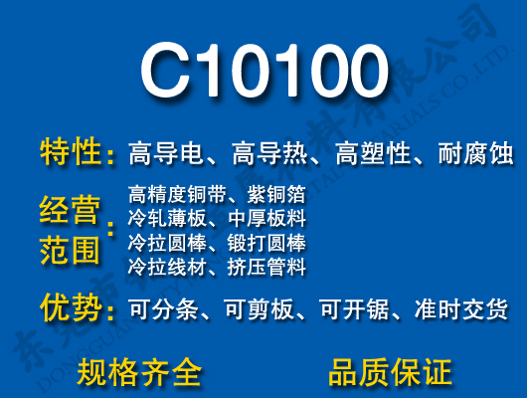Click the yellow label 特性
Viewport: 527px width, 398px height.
(71, 153)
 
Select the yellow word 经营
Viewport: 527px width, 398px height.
(71, 210)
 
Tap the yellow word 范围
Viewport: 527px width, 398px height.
(71, 250)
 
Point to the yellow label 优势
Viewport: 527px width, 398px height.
(71, 308)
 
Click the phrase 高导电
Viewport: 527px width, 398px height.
(165, 154)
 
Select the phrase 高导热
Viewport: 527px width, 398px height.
(268, 154)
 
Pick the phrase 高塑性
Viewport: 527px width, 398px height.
(372, 154)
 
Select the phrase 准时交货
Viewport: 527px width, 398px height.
(469, 309)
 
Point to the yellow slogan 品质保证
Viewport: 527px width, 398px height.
(390, 371)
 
